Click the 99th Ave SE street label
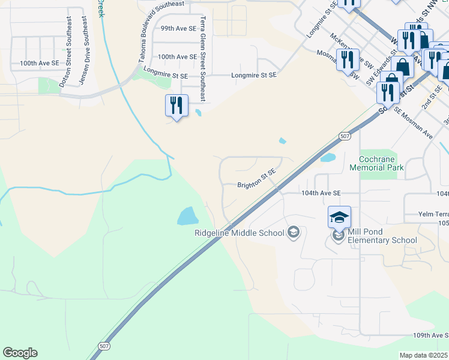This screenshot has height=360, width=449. coord(178,28)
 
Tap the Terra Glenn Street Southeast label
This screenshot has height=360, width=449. coord(202,58)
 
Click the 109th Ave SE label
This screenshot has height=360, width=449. coord(430,335)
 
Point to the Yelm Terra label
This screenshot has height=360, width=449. coord(434,214)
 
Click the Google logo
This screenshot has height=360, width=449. coord(20,353)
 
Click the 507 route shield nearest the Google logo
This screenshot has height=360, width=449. coord(103,347)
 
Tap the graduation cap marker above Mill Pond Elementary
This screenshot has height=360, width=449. coord(339,217)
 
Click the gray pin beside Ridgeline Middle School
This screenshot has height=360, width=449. coord(294,232)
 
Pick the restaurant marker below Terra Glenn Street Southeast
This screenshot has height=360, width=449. coord(176,106)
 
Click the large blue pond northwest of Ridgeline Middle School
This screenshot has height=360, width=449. coord(187,215)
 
